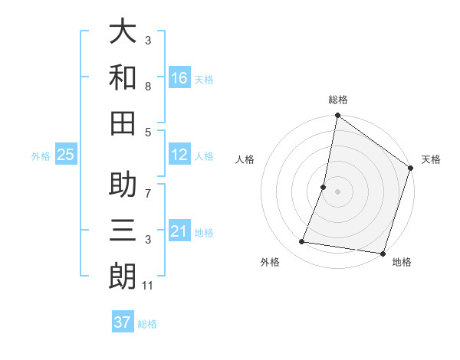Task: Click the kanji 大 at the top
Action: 123,34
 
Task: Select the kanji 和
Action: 123,77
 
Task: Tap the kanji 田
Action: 123,122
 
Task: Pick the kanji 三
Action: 123,231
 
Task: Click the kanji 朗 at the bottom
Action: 123,276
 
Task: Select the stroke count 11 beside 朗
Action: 149,286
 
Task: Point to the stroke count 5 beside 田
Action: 148,132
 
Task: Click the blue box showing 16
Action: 179,77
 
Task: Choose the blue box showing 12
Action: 179,155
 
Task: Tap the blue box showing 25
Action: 66,155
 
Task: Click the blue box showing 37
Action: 123,322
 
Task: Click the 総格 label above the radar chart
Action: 337,100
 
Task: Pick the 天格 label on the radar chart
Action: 431,160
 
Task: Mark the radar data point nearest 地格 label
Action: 383,254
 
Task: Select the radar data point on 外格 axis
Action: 302,242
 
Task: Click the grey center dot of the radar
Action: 337,191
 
